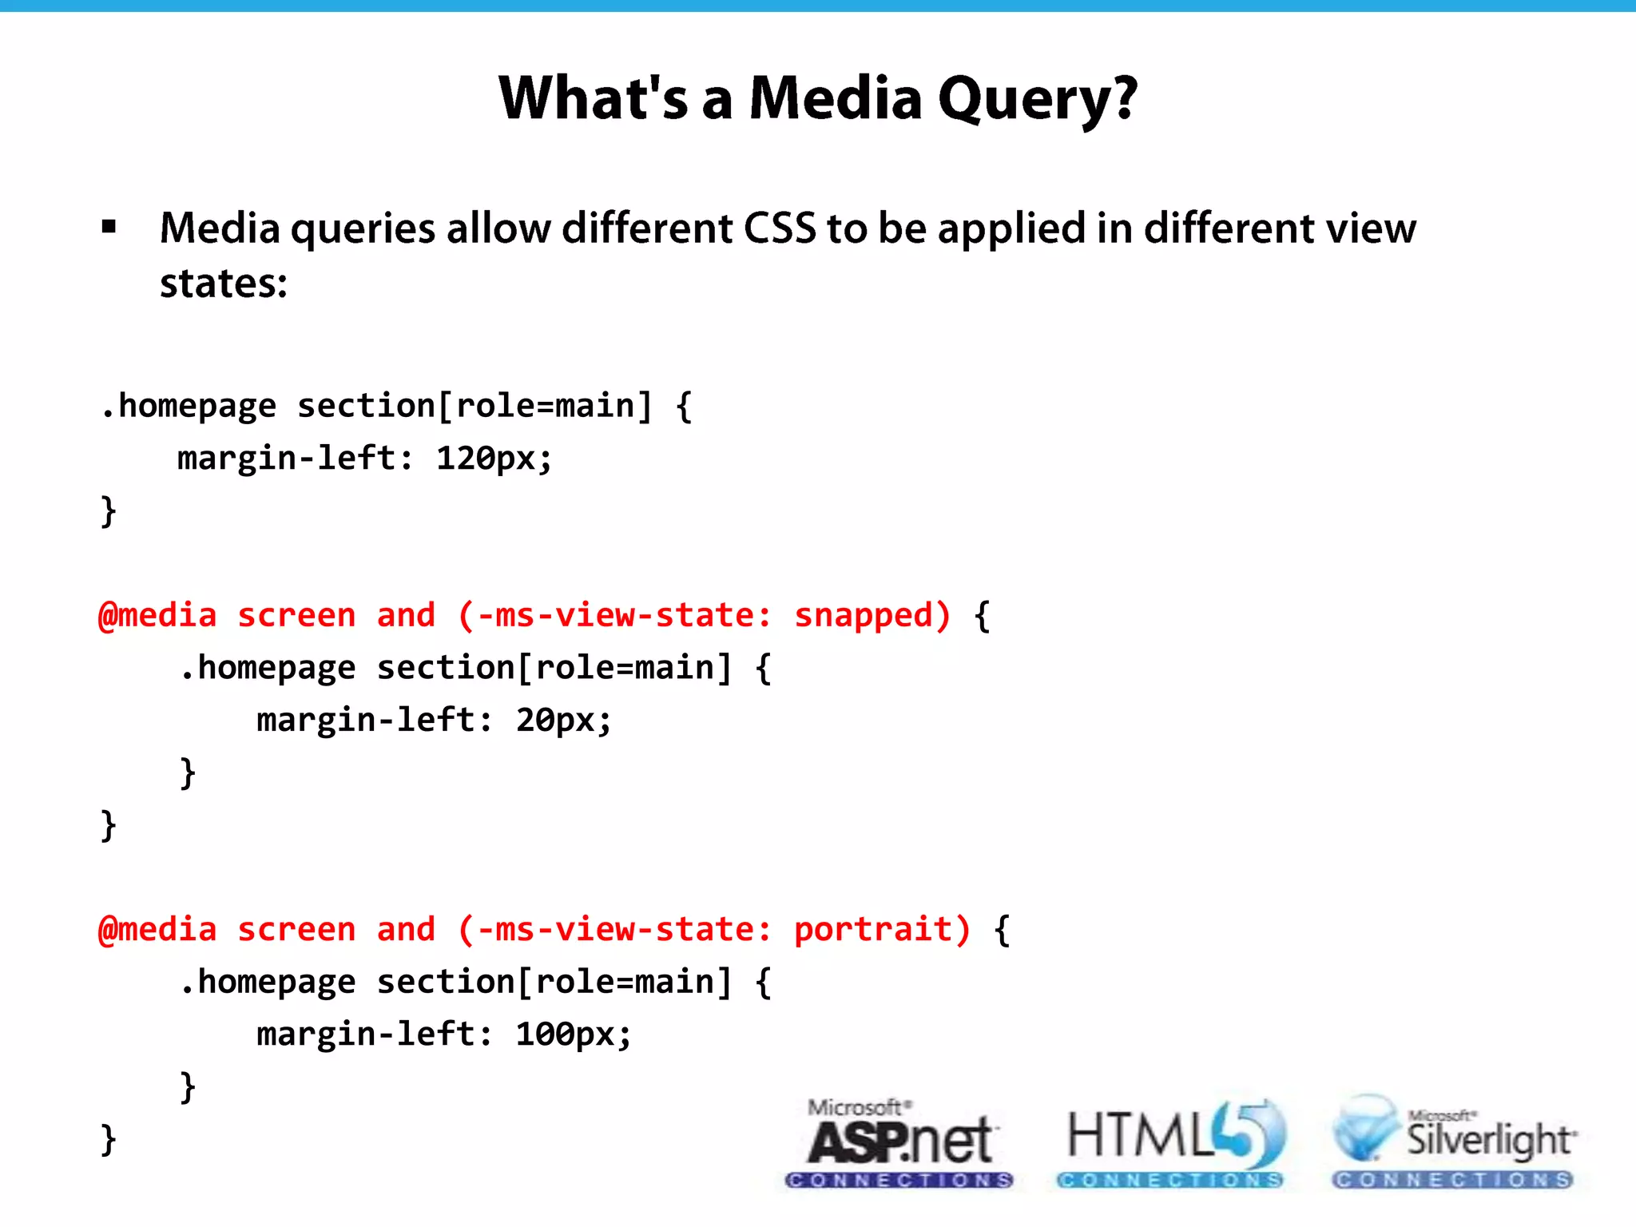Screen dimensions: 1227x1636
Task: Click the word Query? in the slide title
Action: click(x=1037, y=99)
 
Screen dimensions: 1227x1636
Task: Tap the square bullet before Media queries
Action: click(x=109, y=228)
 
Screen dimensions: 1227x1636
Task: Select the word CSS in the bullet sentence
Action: click(x=780, y=228)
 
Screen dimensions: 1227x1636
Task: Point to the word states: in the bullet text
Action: click(x=224, y=284)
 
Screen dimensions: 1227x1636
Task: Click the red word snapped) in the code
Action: click(x=872, y=615)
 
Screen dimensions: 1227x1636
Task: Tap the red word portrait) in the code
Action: click(x=883, y=929)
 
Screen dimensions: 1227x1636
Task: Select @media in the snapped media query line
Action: click(x=157, y=616)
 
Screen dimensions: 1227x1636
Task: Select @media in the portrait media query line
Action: click(x=157, y=930)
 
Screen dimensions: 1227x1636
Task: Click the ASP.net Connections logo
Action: click(x=899, y=1142)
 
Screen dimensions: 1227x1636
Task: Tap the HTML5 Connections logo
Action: click(x=1171, y=1142)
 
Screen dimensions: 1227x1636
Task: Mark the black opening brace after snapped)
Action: click(x=983, y=616)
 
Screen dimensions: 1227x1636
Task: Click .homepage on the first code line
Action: click(x=189, y=407)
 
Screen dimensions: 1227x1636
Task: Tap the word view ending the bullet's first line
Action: click(x=1371, y=228)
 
